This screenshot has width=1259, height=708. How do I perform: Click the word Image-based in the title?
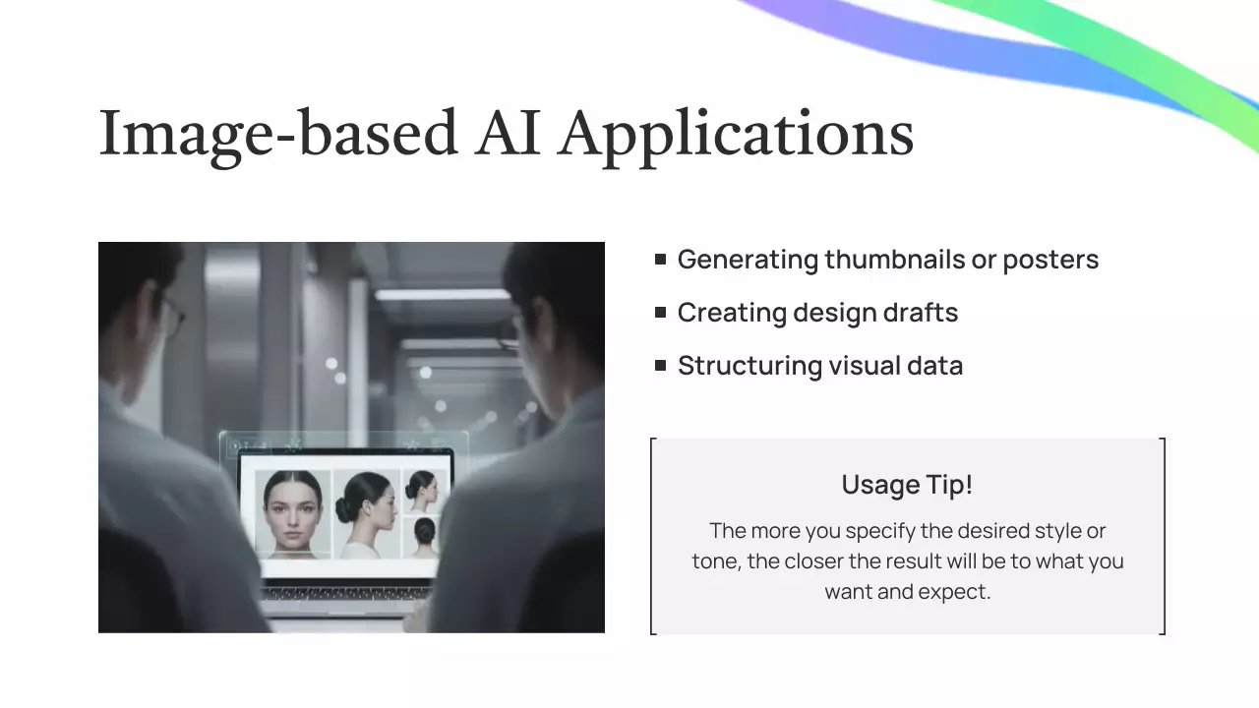click(278, 133)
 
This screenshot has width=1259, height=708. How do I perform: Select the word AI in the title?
click(508, 133)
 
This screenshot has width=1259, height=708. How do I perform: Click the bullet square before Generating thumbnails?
click(660, 260)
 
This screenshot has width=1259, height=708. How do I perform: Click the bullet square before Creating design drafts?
click(660, 313)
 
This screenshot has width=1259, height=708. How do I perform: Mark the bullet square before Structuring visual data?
click(660, 366)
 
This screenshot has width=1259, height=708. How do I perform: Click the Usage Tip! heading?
click(907, 485)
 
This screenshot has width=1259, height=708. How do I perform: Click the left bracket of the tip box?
click(653, 536)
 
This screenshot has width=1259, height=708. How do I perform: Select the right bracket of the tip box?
click(1164, 536)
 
